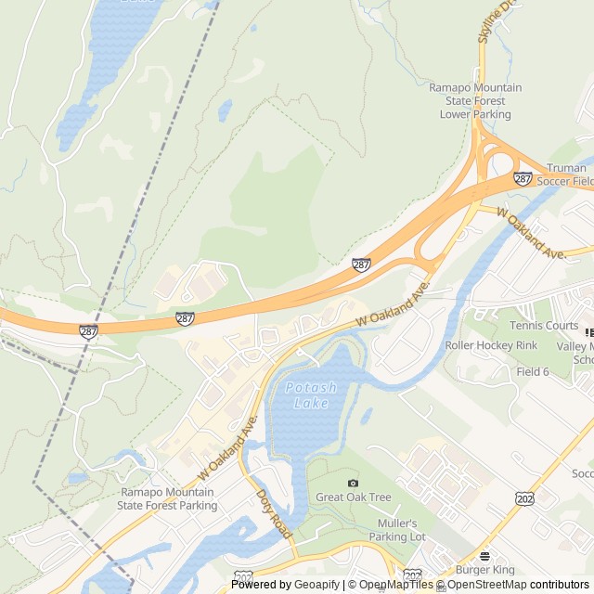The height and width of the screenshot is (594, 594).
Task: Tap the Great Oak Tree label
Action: (353, 497)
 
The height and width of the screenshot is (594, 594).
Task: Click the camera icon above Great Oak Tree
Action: (353, 483)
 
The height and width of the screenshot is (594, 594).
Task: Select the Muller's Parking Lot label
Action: (397, 530)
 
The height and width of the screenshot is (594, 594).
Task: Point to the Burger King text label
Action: (484, 570)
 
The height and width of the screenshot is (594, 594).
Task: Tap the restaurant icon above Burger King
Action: (484, 556)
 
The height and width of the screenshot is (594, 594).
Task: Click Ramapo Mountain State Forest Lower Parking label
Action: (475, 101)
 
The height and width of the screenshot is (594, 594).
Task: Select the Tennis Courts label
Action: (543, 326)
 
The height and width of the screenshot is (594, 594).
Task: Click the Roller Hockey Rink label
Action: (491, 345)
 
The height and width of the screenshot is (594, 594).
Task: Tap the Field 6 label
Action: (533, 371)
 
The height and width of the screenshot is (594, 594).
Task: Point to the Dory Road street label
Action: (275, 514)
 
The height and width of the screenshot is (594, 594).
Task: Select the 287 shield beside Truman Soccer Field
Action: (523, 178)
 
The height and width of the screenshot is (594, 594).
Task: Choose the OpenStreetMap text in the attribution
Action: (488, 585)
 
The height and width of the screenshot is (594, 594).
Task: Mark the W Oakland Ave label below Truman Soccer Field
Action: (532, 233)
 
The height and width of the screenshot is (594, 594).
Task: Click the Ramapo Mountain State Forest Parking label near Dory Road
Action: (167, 498)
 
